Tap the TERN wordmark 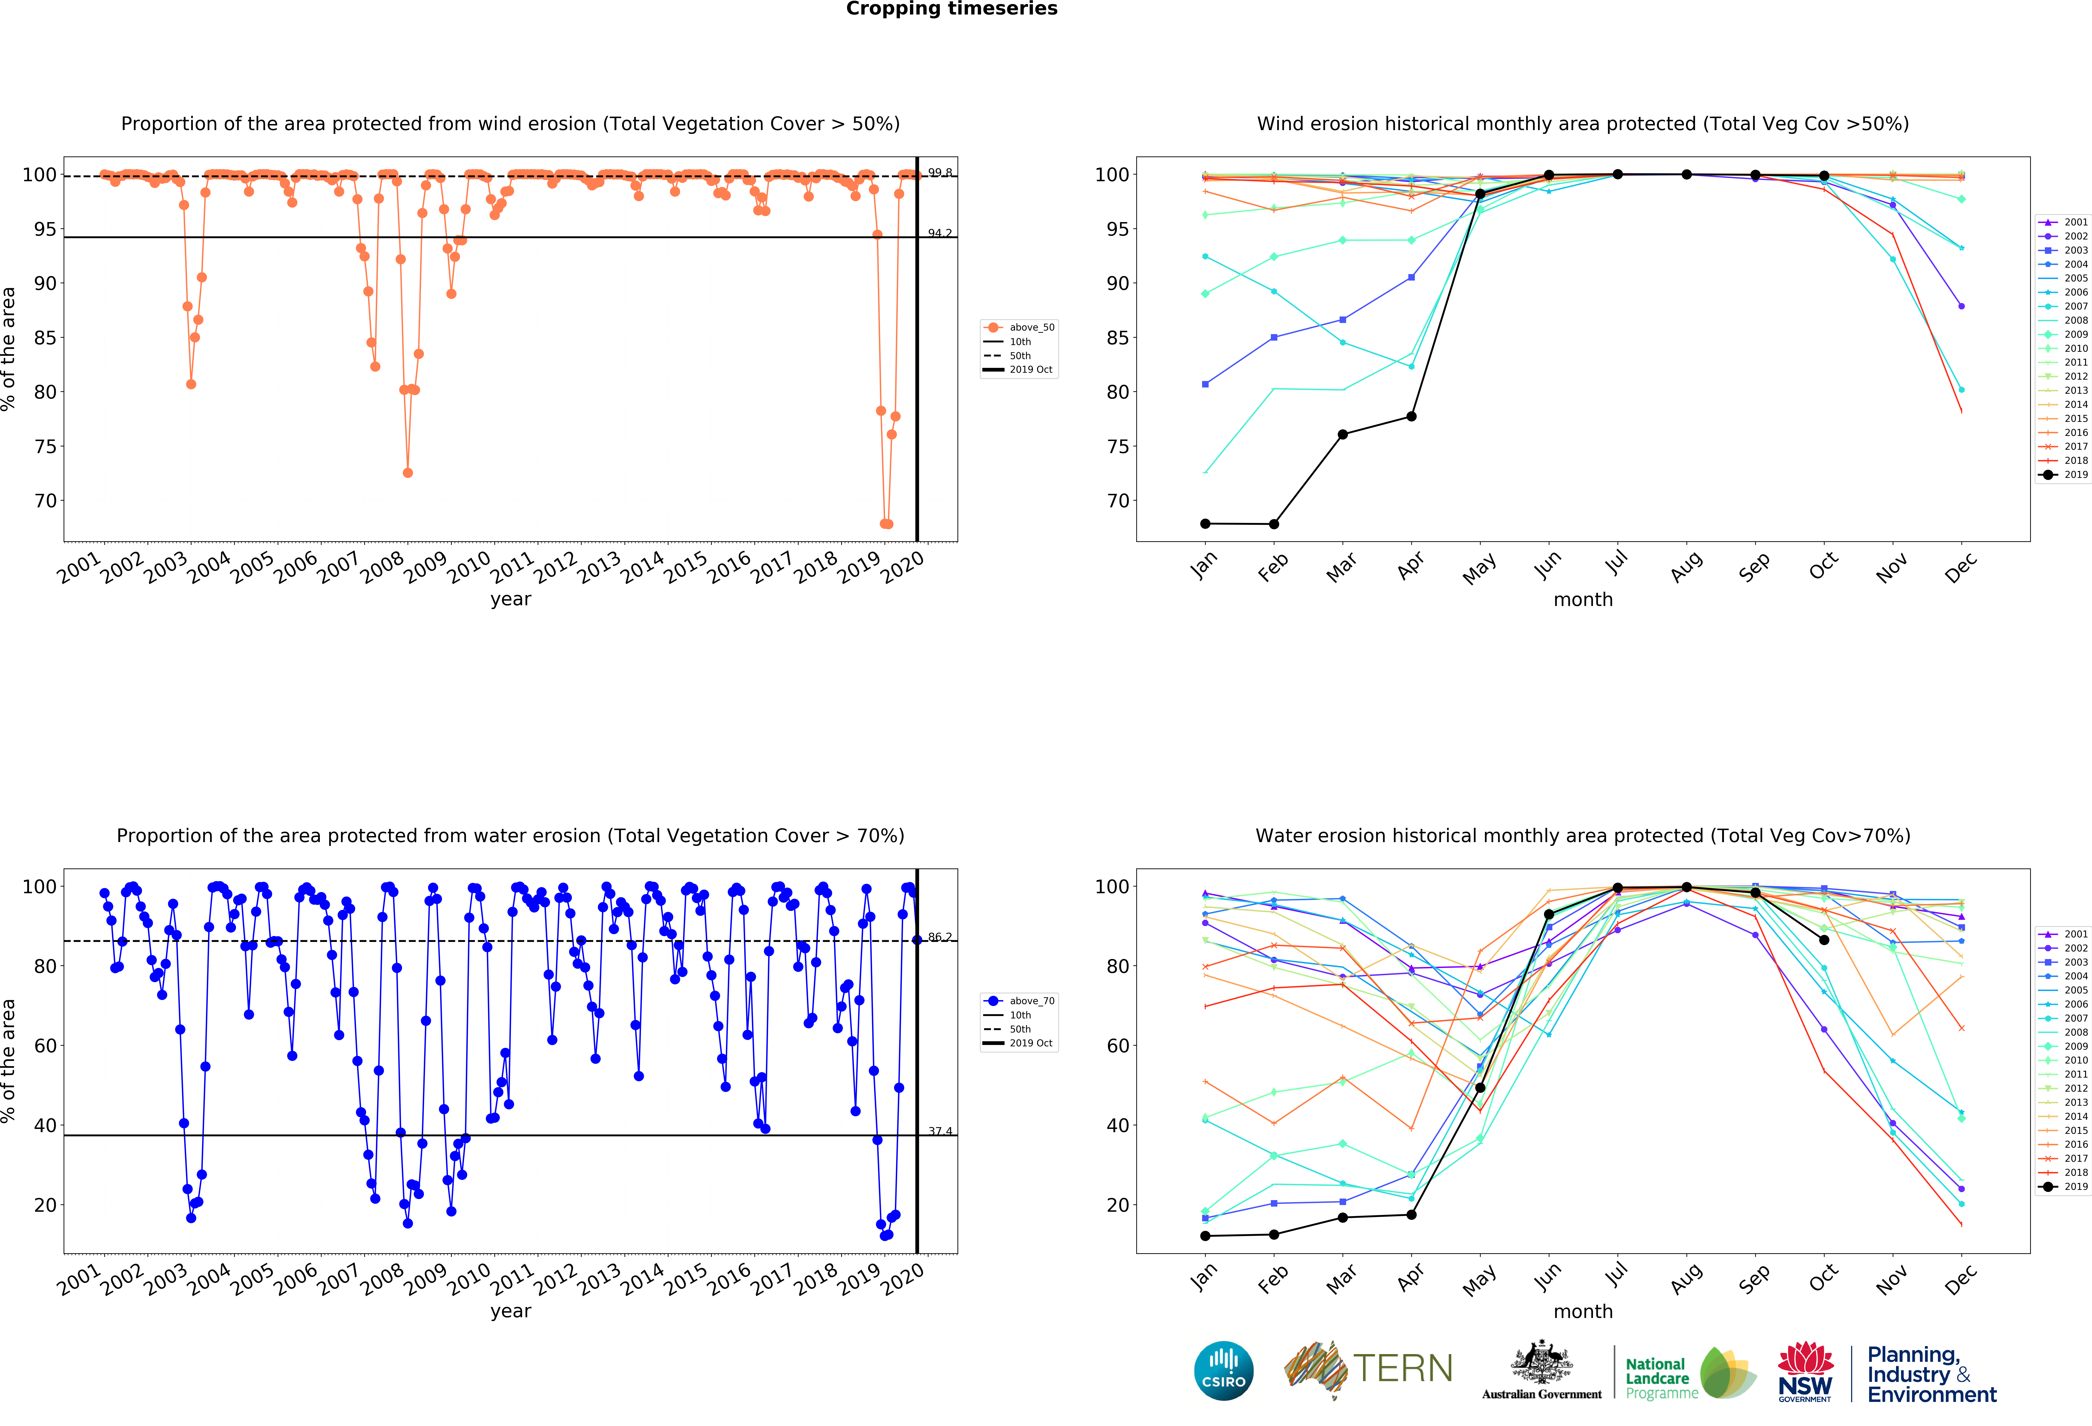click(x=1403, y=1368)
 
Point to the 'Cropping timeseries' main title click(x=951, y=9)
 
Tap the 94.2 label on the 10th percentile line click(x=940, y=233)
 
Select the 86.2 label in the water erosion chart click(x=940, y=937)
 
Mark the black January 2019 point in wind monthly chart click(x=1205, y=524)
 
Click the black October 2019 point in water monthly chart click(x=1824, y=940)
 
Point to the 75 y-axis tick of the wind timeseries click(x=45, y=447)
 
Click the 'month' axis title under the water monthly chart click(x=1582, y=1312)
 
